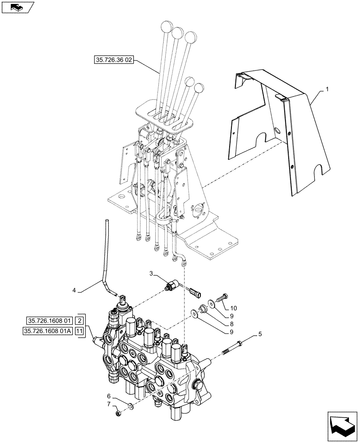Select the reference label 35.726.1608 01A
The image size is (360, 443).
[x=49, y=331]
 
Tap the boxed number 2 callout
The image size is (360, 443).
[x=79, y=320]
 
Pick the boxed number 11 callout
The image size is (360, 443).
[x=79, y=331]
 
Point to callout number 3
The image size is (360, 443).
[x=152, y=275]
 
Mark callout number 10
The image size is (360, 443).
[x=234, y=307]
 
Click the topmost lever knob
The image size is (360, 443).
[x=167, y=27]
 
